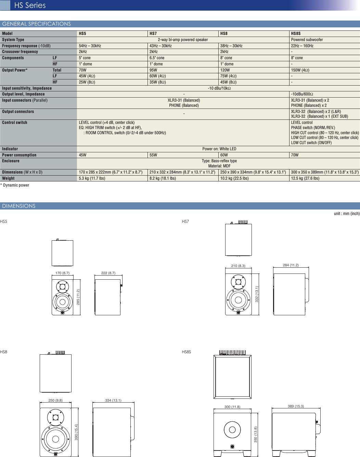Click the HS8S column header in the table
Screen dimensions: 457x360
tap(296, 34)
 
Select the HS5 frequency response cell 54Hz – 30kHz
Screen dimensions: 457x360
tap(90, 46)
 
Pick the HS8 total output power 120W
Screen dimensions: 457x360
tap(225, 70)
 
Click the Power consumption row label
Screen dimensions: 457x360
tap(19, 155)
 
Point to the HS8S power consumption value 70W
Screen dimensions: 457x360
tap(295, 155)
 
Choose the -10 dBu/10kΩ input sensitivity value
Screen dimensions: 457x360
tap(219, 88)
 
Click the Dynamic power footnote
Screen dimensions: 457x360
tap(15, 185)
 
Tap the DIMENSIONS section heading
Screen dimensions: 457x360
tap(19, 206)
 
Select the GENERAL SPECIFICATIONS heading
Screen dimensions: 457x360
tap(36, 24)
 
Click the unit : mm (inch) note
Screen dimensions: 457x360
tap(346, 214)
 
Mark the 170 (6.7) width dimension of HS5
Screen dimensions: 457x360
tap(62, 273)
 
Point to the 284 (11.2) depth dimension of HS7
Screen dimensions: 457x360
tap(291, 265)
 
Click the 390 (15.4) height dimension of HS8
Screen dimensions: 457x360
tap(76, 432)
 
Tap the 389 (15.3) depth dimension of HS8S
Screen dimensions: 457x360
tap(296, 406)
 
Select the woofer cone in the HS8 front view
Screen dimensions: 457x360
tap(55, 439)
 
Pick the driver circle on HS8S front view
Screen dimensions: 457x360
tap(232, 430)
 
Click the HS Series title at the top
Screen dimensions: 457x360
tap(30, 5)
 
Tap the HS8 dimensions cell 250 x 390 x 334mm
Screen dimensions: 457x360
tap(253, 172)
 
